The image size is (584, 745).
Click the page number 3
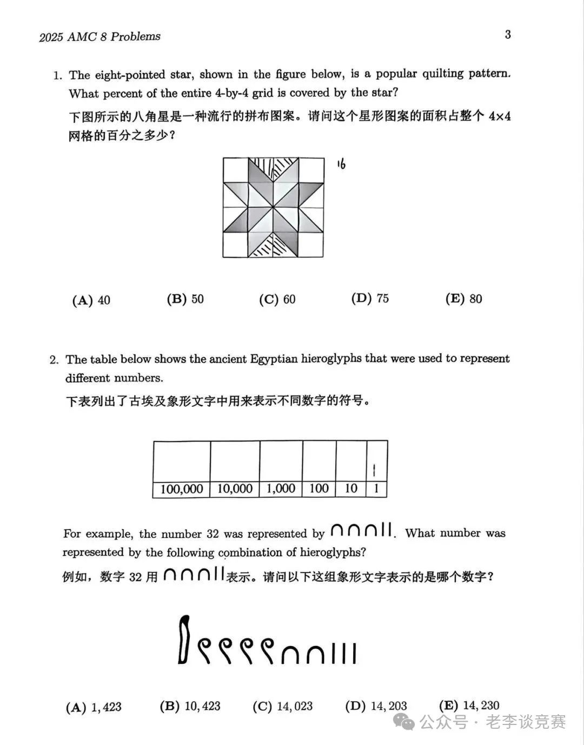(508, 35)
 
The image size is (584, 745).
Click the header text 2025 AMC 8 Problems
(100, 37)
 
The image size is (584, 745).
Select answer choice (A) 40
(91, 300)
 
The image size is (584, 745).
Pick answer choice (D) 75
(370, 299)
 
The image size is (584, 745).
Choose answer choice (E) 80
(463, 299)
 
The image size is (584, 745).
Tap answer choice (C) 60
(277, 299)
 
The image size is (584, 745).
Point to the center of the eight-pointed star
(274, 208)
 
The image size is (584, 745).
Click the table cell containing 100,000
(182, 489)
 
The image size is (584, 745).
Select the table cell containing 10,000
(235, 489)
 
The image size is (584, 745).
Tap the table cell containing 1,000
(281, 489)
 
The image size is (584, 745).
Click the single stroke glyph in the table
(375, 470)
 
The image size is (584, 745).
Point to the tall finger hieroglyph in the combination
(184, 640)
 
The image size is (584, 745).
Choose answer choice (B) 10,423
(190, 706)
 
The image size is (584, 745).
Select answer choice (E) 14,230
(469, 706)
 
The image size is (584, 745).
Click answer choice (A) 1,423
(94, 707)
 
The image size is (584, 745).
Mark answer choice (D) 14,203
(376, 706)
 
